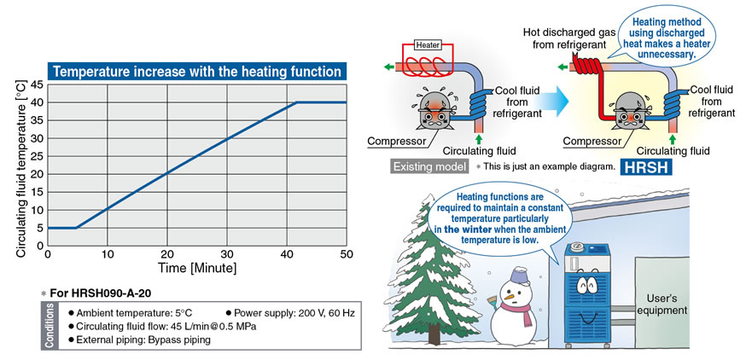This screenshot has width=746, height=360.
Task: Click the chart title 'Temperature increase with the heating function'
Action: [x=197, y=72]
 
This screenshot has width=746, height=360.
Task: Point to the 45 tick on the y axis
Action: [x=37, y=84]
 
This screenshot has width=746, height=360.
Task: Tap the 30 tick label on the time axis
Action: [x=227, y=254]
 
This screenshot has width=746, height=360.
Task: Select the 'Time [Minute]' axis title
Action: [x=197, y=268]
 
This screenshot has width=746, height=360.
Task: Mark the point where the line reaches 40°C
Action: [x=296, y=102]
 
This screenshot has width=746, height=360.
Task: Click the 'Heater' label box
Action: [x=428, y=45]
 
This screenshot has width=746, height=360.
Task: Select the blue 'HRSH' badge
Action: [x=645, y=167]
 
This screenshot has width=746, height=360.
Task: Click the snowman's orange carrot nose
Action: [x=510, y=297]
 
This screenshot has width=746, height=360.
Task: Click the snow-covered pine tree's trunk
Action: [x=434, y=335]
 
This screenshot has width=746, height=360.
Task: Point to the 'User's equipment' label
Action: [x=661, y=305]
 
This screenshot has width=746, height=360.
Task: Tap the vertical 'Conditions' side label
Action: [x=49, y=325]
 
